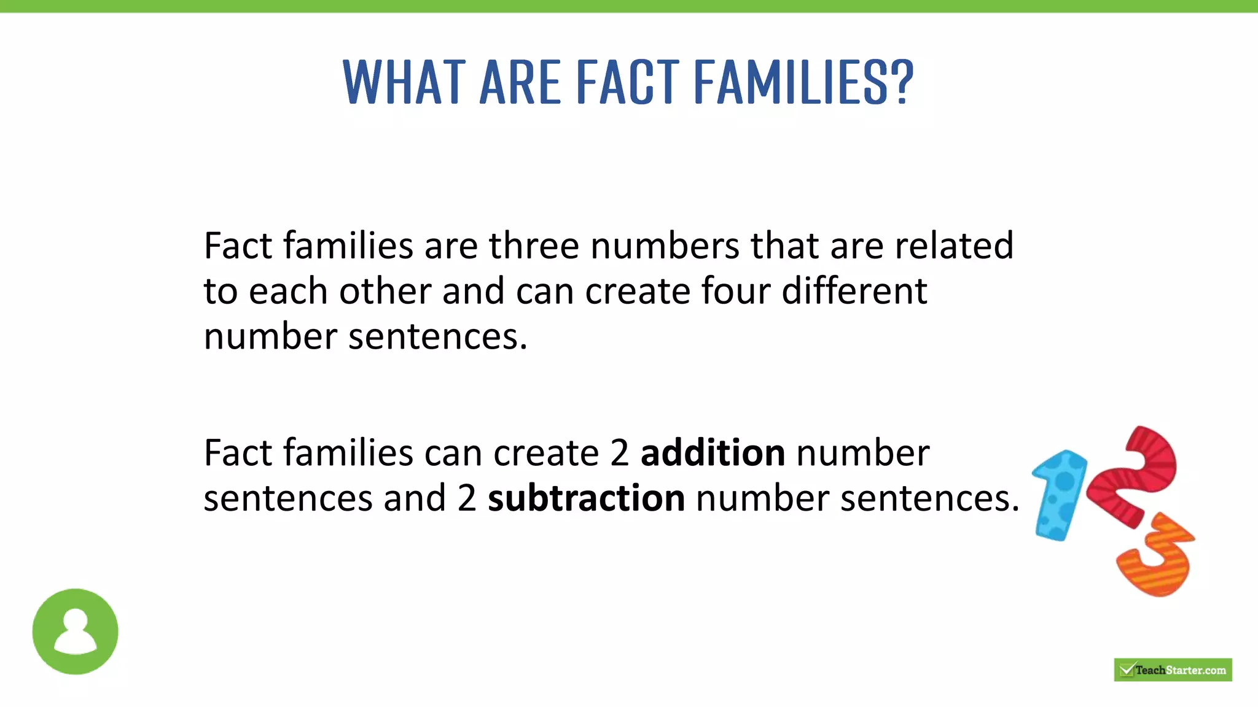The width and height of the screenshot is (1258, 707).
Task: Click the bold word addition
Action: (713, 453)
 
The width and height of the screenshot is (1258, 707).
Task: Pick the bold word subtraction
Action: (586, 498)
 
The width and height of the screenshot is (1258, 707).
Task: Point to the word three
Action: (534, 245)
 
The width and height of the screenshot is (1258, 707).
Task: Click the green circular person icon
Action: (75, 631)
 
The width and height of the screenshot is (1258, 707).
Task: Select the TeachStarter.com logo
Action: (1173, 670)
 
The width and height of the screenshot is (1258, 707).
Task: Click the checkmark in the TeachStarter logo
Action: (1127, 669)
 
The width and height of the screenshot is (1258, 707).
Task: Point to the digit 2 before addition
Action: (620, 453)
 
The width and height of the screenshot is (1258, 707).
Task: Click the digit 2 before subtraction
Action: (467, 498)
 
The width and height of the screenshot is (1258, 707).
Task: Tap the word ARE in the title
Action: (521, 82)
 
